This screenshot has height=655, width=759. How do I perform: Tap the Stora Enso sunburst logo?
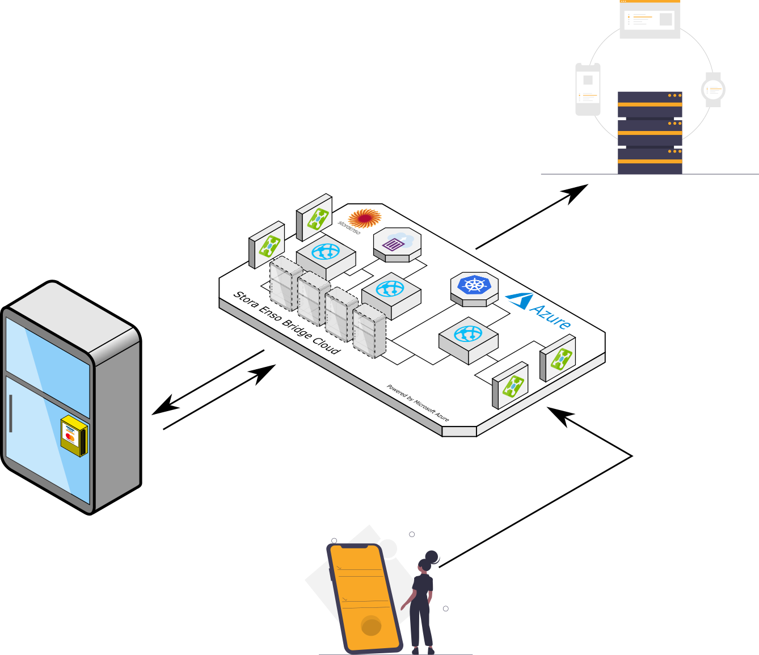coord(364,218)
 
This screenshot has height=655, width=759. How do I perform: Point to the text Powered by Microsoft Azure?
coord(418,403)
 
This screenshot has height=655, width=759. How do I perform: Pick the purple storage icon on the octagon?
coord(393,244)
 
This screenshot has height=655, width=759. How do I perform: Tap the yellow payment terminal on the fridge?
coord(74,436)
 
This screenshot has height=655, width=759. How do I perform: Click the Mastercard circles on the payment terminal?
coord(70,438)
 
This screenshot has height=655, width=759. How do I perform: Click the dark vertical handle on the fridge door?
coord(10,413)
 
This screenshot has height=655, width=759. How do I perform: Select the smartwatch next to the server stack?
coord(713,90)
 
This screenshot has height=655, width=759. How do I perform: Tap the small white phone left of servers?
coord(588,90)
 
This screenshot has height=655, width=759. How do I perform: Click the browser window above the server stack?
coord(650,20)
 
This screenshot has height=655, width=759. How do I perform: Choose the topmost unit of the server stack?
coord(650,104)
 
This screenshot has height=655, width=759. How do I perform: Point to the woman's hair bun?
coord(432,557)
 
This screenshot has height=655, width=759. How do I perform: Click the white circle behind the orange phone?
coord(389,548)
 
